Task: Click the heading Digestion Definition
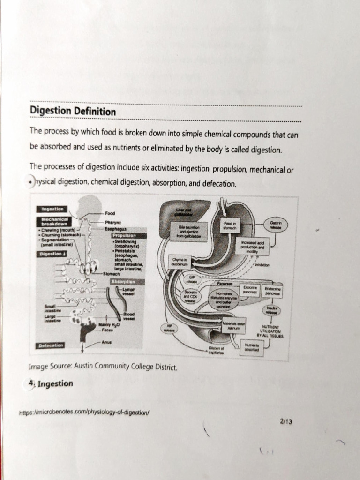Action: (73, 112)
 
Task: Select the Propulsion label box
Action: (123, 235)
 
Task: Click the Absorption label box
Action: (123, 281)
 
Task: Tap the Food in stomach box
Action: (230, 226)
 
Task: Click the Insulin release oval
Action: (271, 310)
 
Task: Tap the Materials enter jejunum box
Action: (233, 325)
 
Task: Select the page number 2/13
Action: (286, 421)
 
